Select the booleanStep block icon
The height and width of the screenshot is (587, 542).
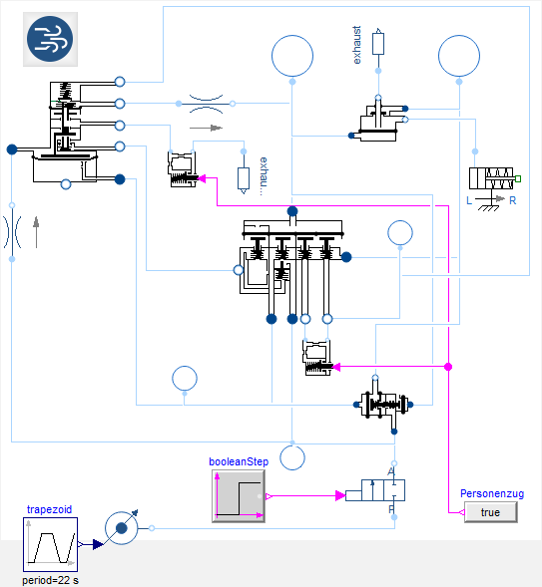pyautogui.click(x=239, y=496)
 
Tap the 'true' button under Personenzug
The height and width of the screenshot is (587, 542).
pyautogui.click(x=491, y=512)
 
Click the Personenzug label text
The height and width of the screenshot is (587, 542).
pyautogui.click(x=492, y=493)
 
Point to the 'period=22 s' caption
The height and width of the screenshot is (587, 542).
pyautogui.click(x=50, y=580)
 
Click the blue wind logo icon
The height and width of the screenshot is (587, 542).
pyautogui.click(x=50, y=39)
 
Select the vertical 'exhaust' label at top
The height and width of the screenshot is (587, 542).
pyautogui.click(x=356, y=45)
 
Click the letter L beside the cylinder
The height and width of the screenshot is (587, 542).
pyautogui.click(x=469, y=200)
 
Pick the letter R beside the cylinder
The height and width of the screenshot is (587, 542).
pyautogui.click(x=513, y=200)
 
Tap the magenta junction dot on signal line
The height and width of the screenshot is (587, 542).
pyautogui.click(x=448, y=367)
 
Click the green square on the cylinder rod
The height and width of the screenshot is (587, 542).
pyautogui.click(x=518, y=179)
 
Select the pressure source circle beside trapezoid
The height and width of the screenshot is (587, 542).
pyautogui.click(x=122, y=528)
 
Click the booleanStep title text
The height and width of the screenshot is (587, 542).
pyautogui.click(x=239, y=462)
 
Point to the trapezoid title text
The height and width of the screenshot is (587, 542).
pyautogui.click(x=49, y=509)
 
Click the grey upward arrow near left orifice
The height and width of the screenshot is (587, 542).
pyautogui.click(x=36, y=232)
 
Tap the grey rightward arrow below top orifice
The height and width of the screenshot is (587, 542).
pyautogui.click(x=207, y=128)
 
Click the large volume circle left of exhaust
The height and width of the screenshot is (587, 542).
pyautogui.click(x=292, y=56)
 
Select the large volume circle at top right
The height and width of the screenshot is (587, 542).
pyautogui.click(x=459, y=56)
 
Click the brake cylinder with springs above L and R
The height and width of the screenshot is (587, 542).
pyautogui.click(x=491, y=178)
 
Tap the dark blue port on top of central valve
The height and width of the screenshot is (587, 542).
pyautogui.click(x=292, y=211)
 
